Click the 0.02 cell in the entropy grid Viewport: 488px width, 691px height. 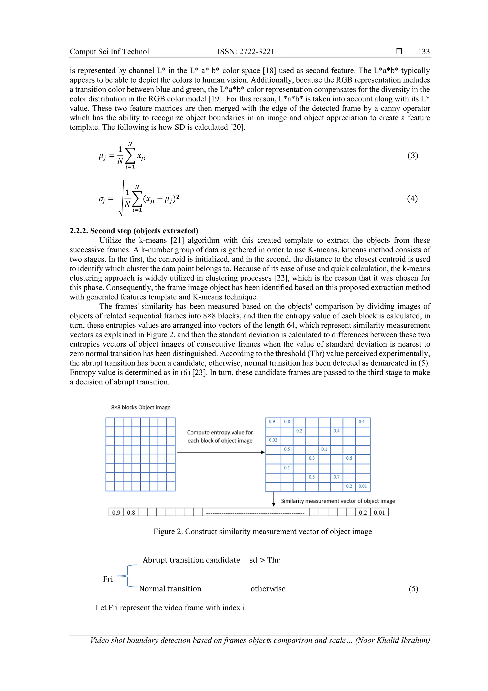click(x=273, y=440)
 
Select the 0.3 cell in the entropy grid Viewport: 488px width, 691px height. click(x=312, y=458)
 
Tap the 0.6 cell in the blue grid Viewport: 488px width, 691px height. click(x=349, y=458)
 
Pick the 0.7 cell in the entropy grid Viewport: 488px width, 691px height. click(x=336, y=477)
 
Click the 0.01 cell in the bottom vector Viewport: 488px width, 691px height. click(x=379, y=513)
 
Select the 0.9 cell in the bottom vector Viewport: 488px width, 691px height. click(x=116, y=513)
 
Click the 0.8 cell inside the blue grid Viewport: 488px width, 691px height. click(x=287, y=422)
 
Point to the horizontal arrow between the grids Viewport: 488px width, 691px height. click(x=221, y=452)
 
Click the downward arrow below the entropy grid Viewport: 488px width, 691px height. click(x=274, y=499)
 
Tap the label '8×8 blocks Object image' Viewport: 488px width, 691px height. click(x=141, y=407)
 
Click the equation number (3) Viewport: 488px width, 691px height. click(x=412, y=156)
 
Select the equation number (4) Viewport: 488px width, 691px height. click(x=412, y=199)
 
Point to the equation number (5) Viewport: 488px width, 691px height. click(x=413, y=589)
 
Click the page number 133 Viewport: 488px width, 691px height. click(x=424, y=52)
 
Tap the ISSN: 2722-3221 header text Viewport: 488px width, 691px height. click(x=246, y=52)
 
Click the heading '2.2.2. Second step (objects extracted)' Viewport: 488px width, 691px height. click(x=134, y=231)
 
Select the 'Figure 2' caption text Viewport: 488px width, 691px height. click(x=263, y=531)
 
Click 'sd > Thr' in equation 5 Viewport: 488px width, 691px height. click(x=264, y=560)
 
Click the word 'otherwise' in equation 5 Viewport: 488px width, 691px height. click(x=268, y=589)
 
